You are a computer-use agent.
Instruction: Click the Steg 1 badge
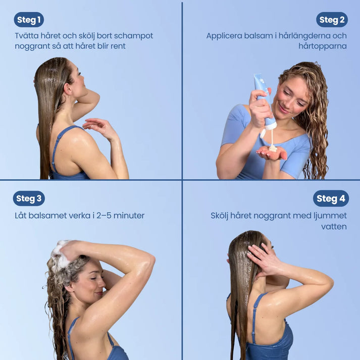29,20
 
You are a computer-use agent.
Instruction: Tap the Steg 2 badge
332,20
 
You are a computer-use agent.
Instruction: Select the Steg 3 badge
29,198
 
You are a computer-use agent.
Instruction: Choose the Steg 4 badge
331,198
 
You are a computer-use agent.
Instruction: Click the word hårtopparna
323,46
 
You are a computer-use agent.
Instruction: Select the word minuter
129,216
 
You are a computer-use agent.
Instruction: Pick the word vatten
334,227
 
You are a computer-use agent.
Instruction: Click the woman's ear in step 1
68,89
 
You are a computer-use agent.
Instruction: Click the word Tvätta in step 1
26,36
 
